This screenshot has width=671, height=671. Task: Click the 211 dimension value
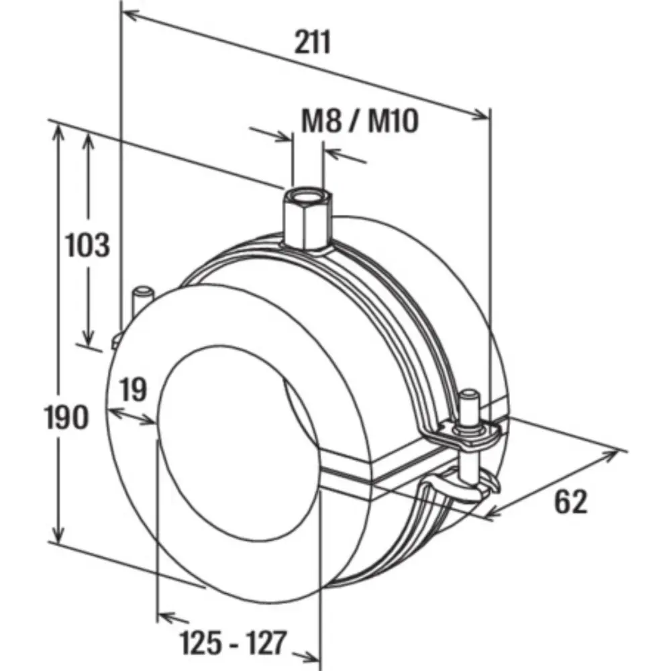point(313,43)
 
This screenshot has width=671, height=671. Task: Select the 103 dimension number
point(87,245)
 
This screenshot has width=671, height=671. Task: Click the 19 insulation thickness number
point(134,390)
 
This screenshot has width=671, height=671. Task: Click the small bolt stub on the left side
point(142,299)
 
